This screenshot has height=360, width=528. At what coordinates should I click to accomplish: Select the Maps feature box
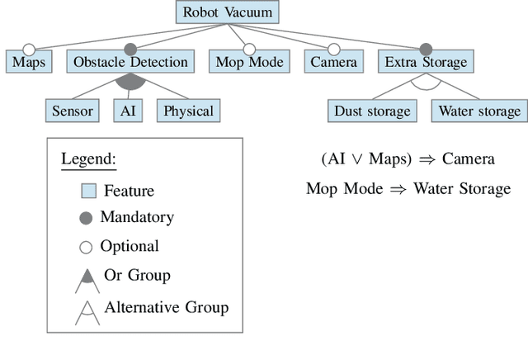[x=29, y=62]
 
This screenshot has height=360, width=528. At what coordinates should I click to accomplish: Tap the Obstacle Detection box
[x=130, y=62]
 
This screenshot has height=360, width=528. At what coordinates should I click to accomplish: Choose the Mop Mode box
[x=249, y=62]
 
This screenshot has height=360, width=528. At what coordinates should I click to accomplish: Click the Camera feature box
[x=333, y=62]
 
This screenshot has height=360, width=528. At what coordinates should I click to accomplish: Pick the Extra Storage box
[x=426, y=62]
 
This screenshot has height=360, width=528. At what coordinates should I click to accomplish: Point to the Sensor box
[x=72, y=111]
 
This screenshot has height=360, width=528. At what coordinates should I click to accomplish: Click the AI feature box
[x=129, y=111]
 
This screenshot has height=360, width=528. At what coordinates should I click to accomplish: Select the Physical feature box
[x=188, y=111]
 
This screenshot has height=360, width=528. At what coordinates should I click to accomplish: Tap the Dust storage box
[x=372, y=111]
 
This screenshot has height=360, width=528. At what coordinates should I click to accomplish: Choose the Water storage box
[x=479, y=111]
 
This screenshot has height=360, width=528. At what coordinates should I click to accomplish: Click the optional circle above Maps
[x=29, y=50]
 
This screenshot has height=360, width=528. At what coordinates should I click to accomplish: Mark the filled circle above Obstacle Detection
[x=130, y=50]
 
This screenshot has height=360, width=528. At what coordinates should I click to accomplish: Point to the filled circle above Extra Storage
[x=426, y=50]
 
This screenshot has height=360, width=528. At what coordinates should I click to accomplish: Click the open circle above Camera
[x=333, y=50]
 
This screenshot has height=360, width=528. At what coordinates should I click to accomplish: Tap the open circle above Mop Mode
[x=249, y=50]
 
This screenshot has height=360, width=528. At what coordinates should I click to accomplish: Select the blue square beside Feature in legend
[x=88, y=191]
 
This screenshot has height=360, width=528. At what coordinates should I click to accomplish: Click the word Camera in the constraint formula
[x=468, y=159]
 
